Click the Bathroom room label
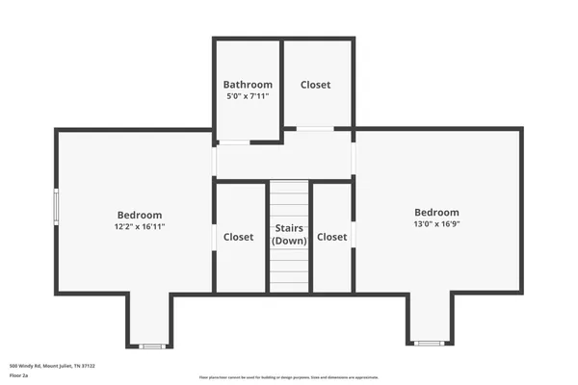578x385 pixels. pos(248,85)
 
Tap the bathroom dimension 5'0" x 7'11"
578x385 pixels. pos(248,96)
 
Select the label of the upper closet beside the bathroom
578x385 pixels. pos(315,85)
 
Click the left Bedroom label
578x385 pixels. pos(140,215)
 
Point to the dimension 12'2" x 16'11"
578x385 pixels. pos(140,227)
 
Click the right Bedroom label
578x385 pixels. pos(436,213)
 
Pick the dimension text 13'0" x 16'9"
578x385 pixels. pos(436,224)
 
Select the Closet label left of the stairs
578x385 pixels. pos(238,237)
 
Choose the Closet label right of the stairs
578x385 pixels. pos(331,237)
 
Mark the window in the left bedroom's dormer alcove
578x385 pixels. pos(151,346)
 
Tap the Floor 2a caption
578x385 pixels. pos(19,376)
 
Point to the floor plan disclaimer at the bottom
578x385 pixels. pos(289,377)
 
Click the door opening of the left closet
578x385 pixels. pos(214,236)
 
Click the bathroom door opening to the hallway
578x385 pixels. pos(234,142)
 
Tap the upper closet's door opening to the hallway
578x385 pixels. pos(315,128)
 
